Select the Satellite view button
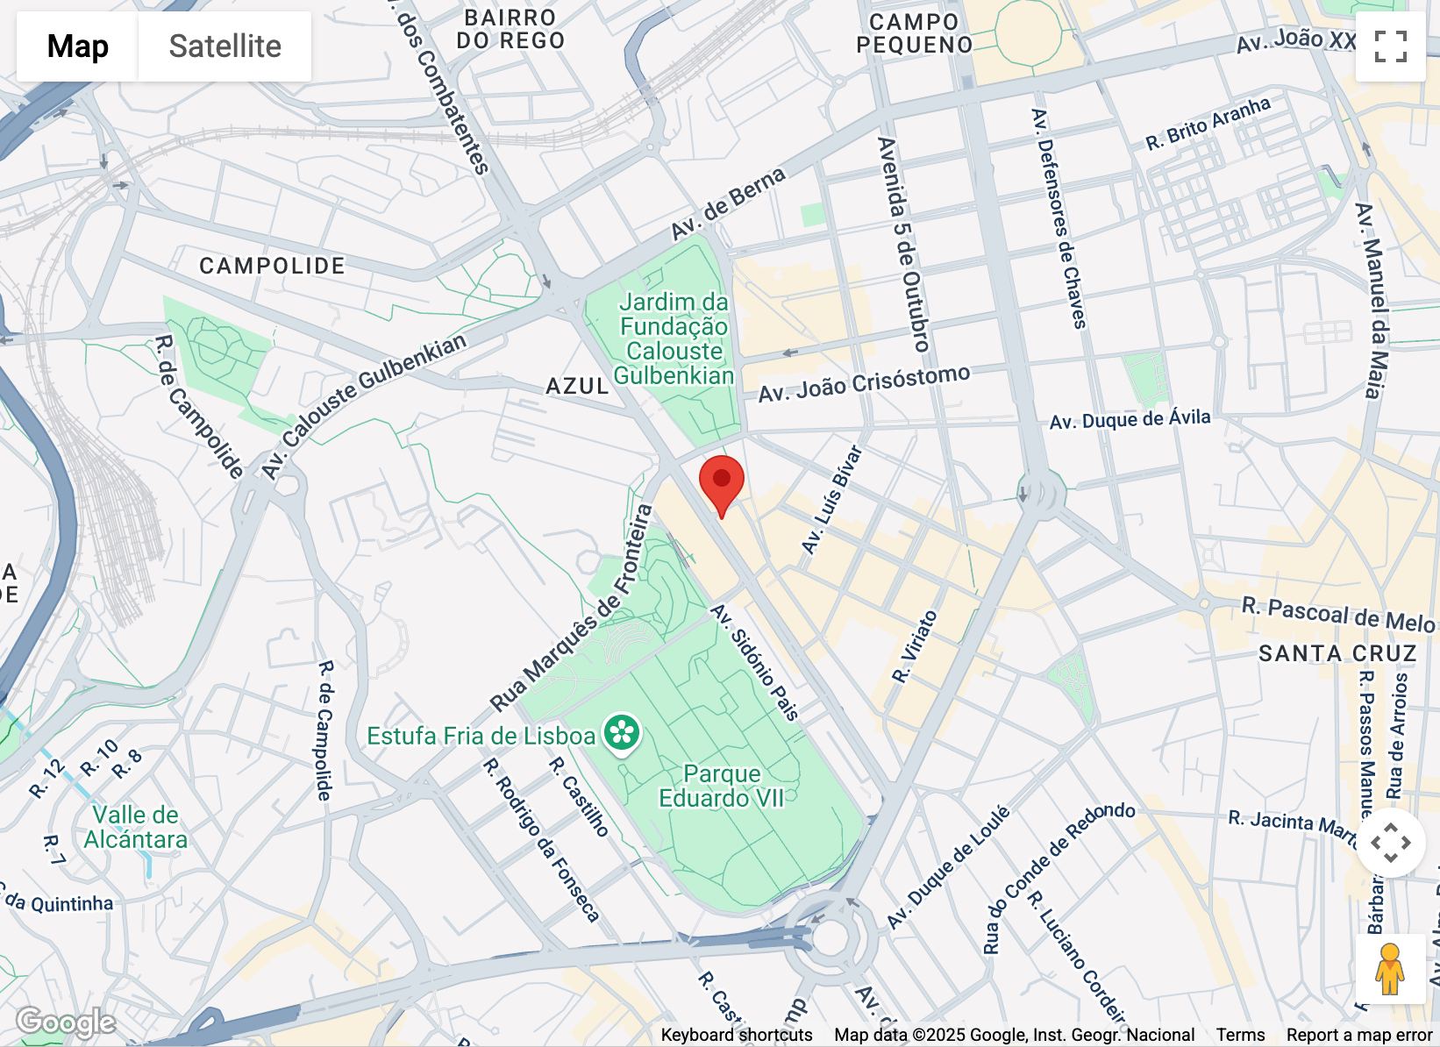[225, 46]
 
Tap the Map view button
[77, 46]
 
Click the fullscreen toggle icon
[1390, 46]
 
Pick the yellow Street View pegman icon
[1389, 969]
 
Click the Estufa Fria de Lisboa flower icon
[622, 733]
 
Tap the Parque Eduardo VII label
[722, 786]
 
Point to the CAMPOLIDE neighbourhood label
[272, 266]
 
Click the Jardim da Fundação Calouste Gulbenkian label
[674, 338]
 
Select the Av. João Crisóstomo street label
[864, 384]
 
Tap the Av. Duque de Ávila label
[1130, 420]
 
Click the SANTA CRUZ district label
[1337, 653]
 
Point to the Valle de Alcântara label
[136, 827]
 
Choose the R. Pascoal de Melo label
[1337, 615]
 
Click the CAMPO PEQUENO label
[914, 33]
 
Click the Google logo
[66, 1022]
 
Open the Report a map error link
[1358, 1035]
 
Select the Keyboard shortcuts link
[736, 1035]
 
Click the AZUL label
[576, 386]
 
